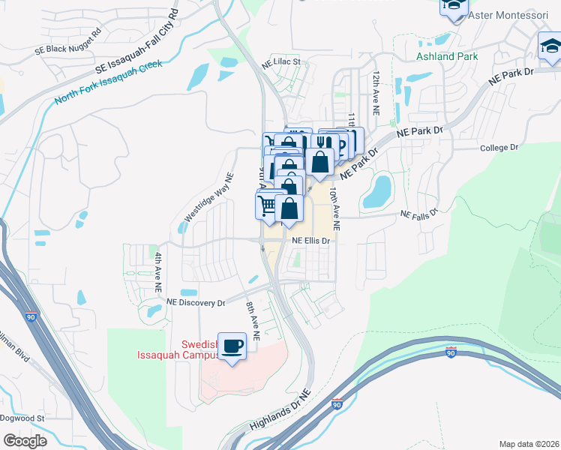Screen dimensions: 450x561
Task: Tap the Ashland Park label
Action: tap(446, 56)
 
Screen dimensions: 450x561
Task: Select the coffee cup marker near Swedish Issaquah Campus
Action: tap(232, 346)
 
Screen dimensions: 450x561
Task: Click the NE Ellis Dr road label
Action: tap(311, 241)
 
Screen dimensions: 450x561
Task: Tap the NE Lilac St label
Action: tap(280, 62)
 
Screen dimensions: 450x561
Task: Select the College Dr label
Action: tap(499, 148)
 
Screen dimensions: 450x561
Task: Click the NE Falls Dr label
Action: tap(418, 214)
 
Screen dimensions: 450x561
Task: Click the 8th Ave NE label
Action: tap(253, 322)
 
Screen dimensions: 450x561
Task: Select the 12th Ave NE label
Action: tap(377, 93)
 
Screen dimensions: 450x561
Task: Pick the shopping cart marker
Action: tap(268, 204)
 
